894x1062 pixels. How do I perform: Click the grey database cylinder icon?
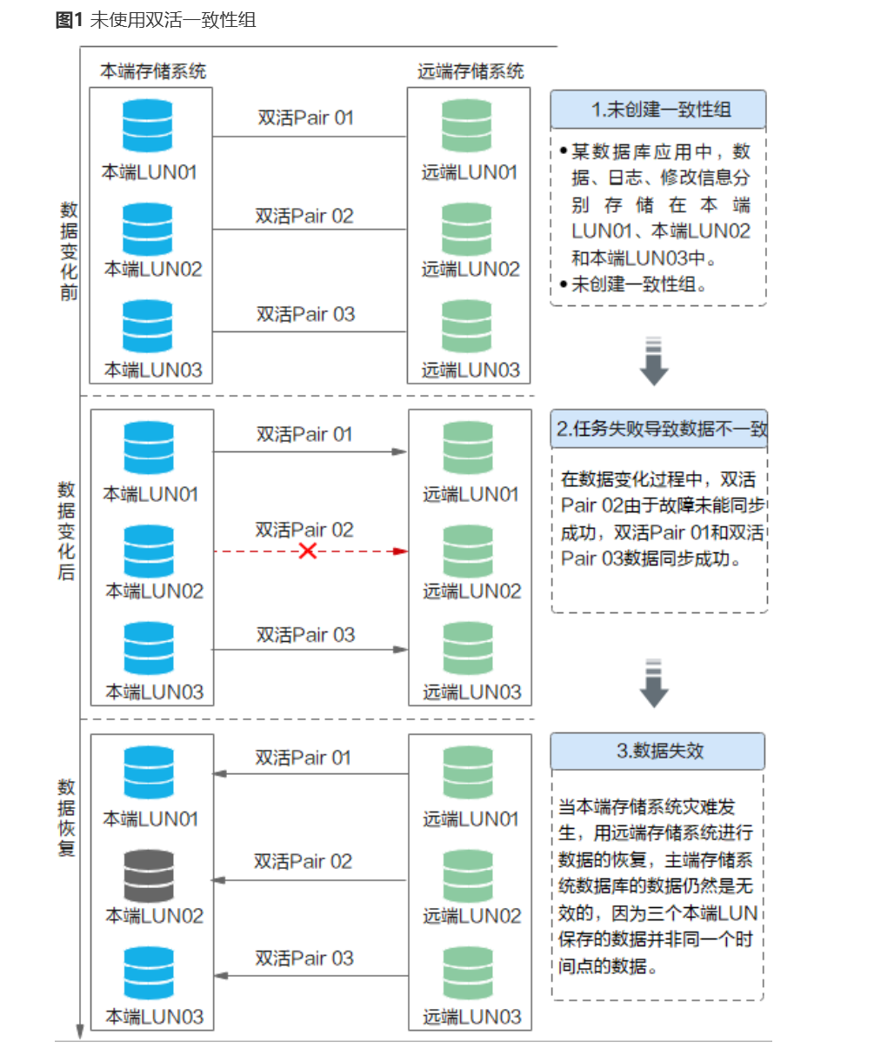pos(149,876)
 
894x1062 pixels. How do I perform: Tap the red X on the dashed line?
pos(307,551)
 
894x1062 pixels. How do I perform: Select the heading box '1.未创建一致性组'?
pos(658,110)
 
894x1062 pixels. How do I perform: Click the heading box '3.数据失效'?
pos(658,751)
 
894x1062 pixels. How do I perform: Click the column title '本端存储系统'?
pos(153,71)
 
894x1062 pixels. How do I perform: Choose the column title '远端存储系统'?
pos(470,71)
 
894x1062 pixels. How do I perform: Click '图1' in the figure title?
pos(69,20)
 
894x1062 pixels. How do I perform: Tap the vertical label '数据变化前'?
pos(69,250)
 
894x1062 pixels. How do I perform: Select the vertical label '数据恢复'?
pos(67,818)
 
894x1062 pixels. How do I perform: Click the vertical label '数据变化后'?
pos(67,531)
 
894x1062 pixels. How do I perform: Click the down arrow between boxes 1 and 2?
pos(654,360)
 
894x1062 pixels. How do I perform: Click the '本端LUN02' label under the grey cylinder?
pos(154,916)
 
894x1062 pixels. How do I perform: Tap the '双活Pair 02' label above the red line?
pos(304,530)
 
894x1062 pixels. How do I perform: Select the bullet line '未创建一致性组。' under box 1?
pos(638,284)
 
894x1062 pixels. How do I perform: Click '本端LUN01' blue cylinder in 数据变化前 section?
pos(148,126)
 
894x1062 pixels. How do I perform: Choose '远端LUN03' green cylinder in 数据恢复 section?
pos(468,972)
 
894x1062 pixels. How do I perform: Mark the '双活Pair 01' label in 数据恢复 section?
pos(303,758)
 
